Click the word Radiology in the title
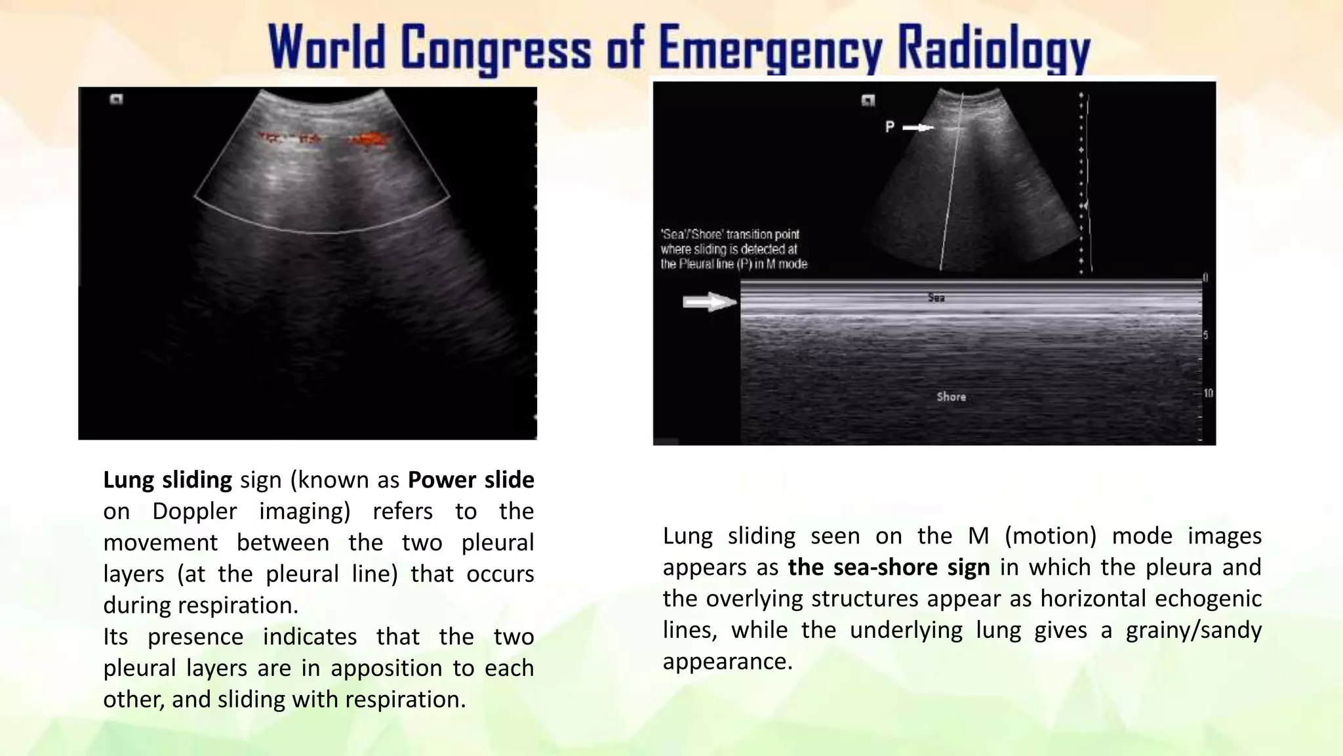(993, 50)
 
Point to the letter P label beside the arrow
(889, 127)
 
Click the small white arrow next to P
(919, 127)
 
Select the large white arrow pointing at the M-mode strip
(710, 303)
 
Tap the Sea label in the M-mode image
(936, 298)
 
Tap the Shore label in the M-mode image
(951, 396)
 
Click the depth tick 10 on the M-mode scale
(1208, 393)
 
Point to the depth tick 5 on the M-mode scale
(1205, 335)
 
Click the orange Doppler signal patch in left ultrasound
(371, 140)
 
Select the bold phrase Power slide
(471, 480)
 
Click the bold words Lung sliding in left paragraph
(167, 480)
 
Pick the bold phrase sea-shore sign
(889, 567)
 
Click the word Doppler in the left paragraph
(194, 511)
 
